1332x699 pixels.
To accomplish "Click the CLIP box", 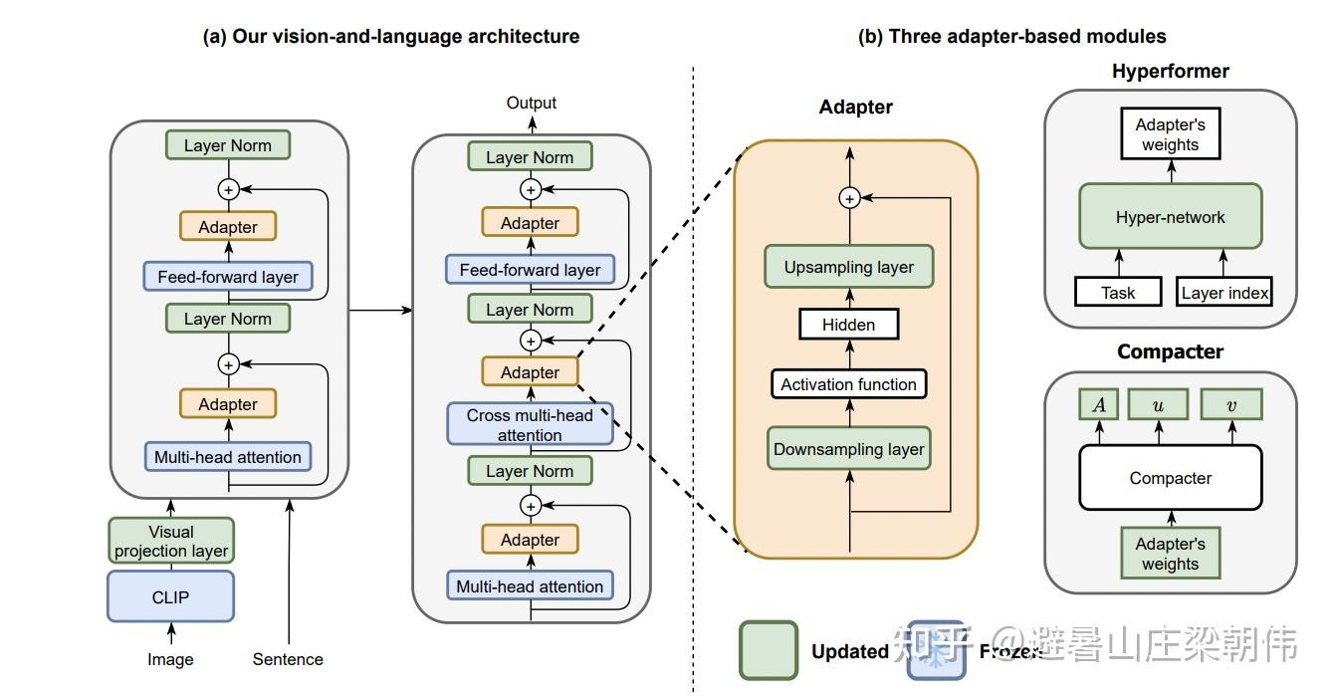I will [x=170, y=596].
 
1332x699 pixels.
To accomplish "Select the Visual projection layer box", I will [x=171, y=541].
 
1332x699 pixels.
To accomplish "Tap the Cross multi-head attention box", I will [x=530, y=425].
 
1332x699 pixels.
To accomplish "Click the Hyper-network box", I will [x=1170, y=217].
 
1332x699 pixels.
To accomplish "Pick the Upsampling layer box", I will [x=848, y=267].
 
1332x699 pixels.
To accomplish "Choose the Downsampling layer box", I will [x=848, y=449].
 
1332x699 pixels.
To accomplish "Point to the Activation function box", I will [x=848, y=384].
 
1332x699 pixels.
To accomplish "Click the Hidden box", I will [x=848, y=325].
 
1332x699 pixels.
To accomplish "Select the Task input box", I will [x=1118, y=293].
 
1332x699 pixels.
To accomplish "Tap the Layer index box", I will [x=1224, y=293].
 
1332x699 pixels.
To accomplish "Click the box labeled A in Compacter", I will [x=1098, y=404].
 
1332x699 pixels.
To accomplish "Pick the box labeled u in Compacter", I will [x=1158, y=404].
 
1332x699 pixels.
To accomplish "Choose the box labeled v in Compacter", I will [x=1230, y=404].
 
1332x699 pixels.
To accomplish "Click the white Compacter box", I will [x=1170, y=478].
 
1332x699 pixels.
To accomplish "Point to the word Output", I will [x=531, y=103].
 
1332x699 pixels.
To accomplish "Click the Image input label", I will [x=170, y=659].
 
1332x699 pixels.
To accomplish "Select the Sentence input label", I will [x=288, y=659].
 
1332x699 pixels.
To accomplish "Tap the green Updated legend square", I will [x=768, y=650].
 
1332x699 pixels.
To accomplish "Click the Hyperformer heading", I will [x=1170, y=72].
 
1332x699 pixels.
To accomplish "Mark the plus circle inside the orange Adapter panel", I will [x=849, y=199].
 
